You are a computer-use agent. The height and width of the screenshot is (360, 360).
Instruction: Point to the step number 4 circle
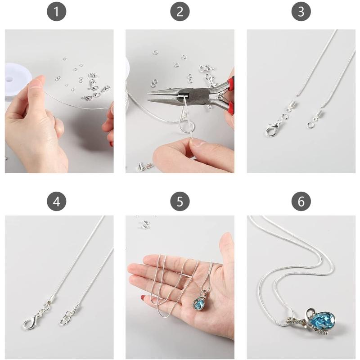point(56,202)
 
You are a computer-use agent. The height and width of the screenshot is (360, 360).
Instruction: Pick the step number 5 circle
point(180,202)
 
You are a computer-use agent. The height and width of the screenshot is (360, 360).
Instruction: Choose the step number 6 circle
point(301,202)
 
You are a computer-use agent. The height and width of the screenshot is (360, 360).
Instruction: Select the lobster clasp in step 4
point(30,323)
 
